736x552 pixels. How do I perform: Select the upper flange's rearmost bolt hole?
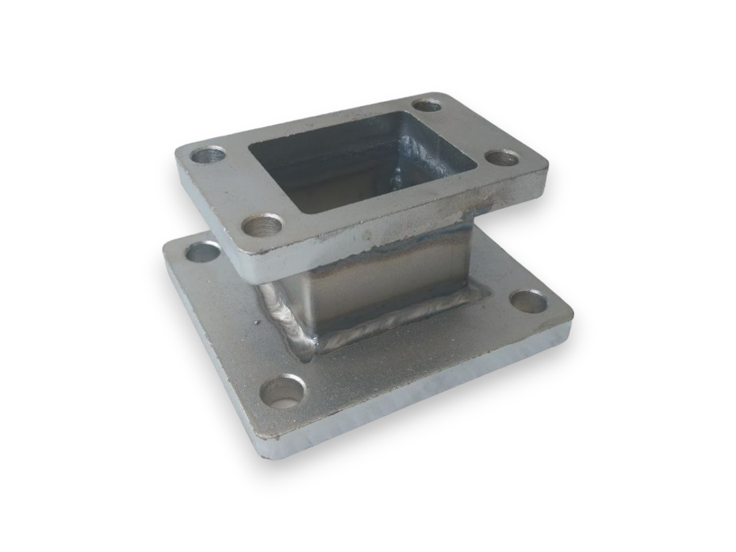pos(426,105)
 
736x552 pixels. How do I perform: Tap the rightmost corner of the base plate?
pos(572,313)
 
